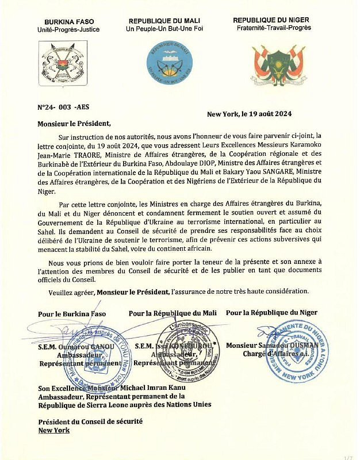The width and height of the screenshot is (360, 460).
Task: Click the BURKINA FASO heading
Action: pos(68,20)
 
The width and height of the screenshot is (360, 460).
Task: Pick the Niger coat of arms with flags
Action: pos(279,63)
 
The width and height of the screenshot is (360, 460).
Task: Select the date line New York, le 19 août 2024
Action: pos(250,114)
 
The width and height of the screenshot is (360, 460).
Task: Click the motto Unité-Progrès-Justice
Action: pos(68,29)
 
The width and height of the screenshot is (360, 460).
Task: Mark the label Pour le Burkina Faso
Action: pos(70,314)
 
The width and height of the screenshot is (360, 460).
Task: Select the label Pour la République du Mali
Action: pos(172,313)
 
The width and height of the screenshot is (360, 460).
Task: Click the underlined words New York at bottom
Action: pos(53,430)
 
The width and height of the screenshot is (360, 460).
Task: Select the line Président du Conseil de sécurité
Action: pos(90,421)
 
